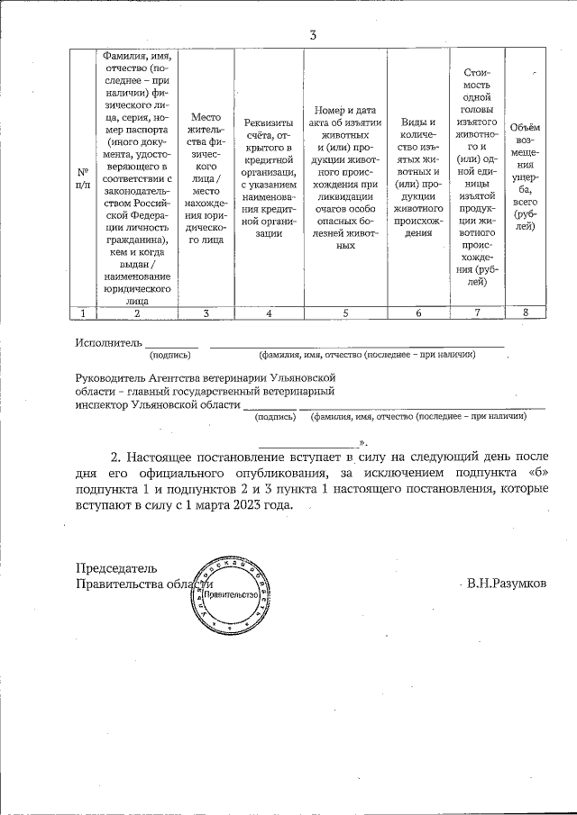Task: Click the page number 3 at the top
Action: (x=312, y=35)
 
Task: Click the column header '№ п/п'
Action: (x=83, y=177)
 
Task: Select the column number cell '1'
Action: (x=83, y=312)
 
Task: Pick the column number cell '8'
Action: (x=525, y=312)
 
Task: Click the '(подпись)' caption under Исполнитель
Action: (x=169, y=357)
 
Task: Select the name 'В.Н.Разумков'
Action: (x=506, y=584)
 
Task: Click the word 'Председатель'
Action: (x=116, y=568)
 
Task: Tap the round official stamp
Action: (x=231, y=595)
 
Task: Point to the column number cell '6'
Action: (x=418, y=312)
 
